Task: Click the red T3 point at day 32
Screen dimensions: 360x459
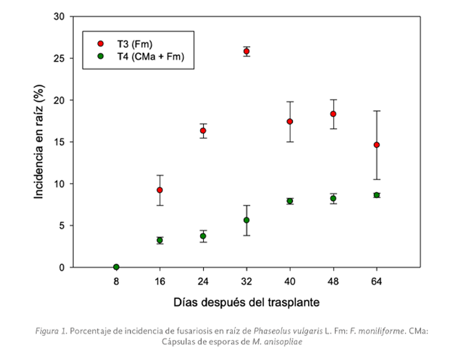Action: [247, 52]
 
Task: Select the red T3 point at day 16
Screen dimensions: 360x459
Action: [160, 190]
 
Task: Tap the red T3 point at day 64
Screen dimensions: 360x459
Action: [376, 145]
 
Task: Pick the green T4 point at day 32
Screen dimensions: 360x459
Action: [247, 220]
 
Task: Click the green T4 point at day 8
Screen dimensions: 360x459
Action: [116, 267]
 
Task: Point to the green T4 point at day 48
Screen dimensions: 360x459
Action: [333, 198]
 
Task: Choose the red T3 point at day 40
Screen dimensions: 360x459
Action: [289, 121]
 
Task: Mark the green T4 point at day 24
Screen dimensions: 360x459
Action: [203, 236]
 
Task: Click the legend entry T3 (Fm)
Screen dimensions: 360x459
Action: [134, 44]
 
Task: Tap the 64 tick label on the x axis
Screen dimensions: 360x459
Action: [376, 282]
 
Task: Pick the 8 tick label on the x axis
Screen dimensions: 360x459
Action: [116, 282]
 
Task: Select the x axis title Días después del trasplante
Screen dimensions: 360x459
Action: [247, 303]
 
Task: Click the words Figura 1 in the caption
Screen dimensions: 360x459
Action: [52, 331]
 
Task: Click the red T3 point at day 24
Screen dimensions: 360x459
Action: [203, 131]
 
